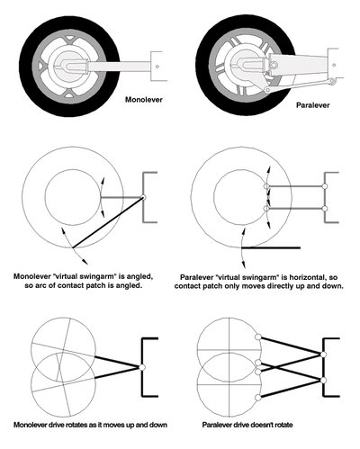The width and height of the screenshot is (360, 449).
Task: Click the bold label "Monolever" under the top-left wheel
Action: [144, 100]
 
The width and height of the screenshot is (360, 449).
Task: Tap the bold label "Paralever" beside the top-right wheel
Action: [313, 105]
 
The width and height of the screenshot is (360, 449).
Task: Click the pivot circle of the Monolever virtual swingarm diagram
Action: [143, 197]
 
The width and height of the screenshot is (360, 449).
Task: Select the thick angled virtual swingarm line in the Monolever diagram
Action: [107, 222]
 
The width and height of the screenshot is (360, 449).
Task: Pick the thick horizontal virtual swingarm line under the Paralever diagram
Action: [271, 247]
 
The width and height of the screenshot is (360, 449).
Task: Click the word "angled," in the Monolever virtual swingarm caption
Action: [140, 277]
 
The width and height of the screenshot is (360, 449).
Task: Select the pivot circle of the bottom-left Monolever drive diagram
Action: [142, 367]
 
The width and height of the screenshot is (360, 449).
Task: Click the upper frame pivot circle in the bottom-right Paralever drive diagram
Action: [323, 355]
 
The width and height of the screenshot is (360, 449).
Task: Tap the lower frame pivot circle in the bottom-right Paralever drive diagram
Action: [323, 381]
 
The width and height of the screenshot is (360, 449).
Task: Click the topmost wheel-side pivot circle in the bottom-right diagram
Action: [257, 337]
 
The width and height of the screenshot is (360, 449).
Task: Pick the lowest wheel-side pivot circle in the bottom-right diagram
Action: [257, 398]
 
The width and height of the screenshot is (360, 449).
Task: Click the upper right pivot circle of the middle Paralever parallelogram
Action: [324, 186]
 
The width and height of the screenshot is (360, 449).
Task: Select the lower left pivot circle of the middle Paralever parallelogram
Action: [266, 209]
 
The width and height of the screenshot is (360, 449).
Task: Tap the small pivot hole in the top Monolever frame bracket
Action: [157, 67]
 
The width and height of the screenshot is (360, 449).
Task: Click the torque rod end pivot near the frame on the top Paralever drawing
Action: [331, 80]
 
